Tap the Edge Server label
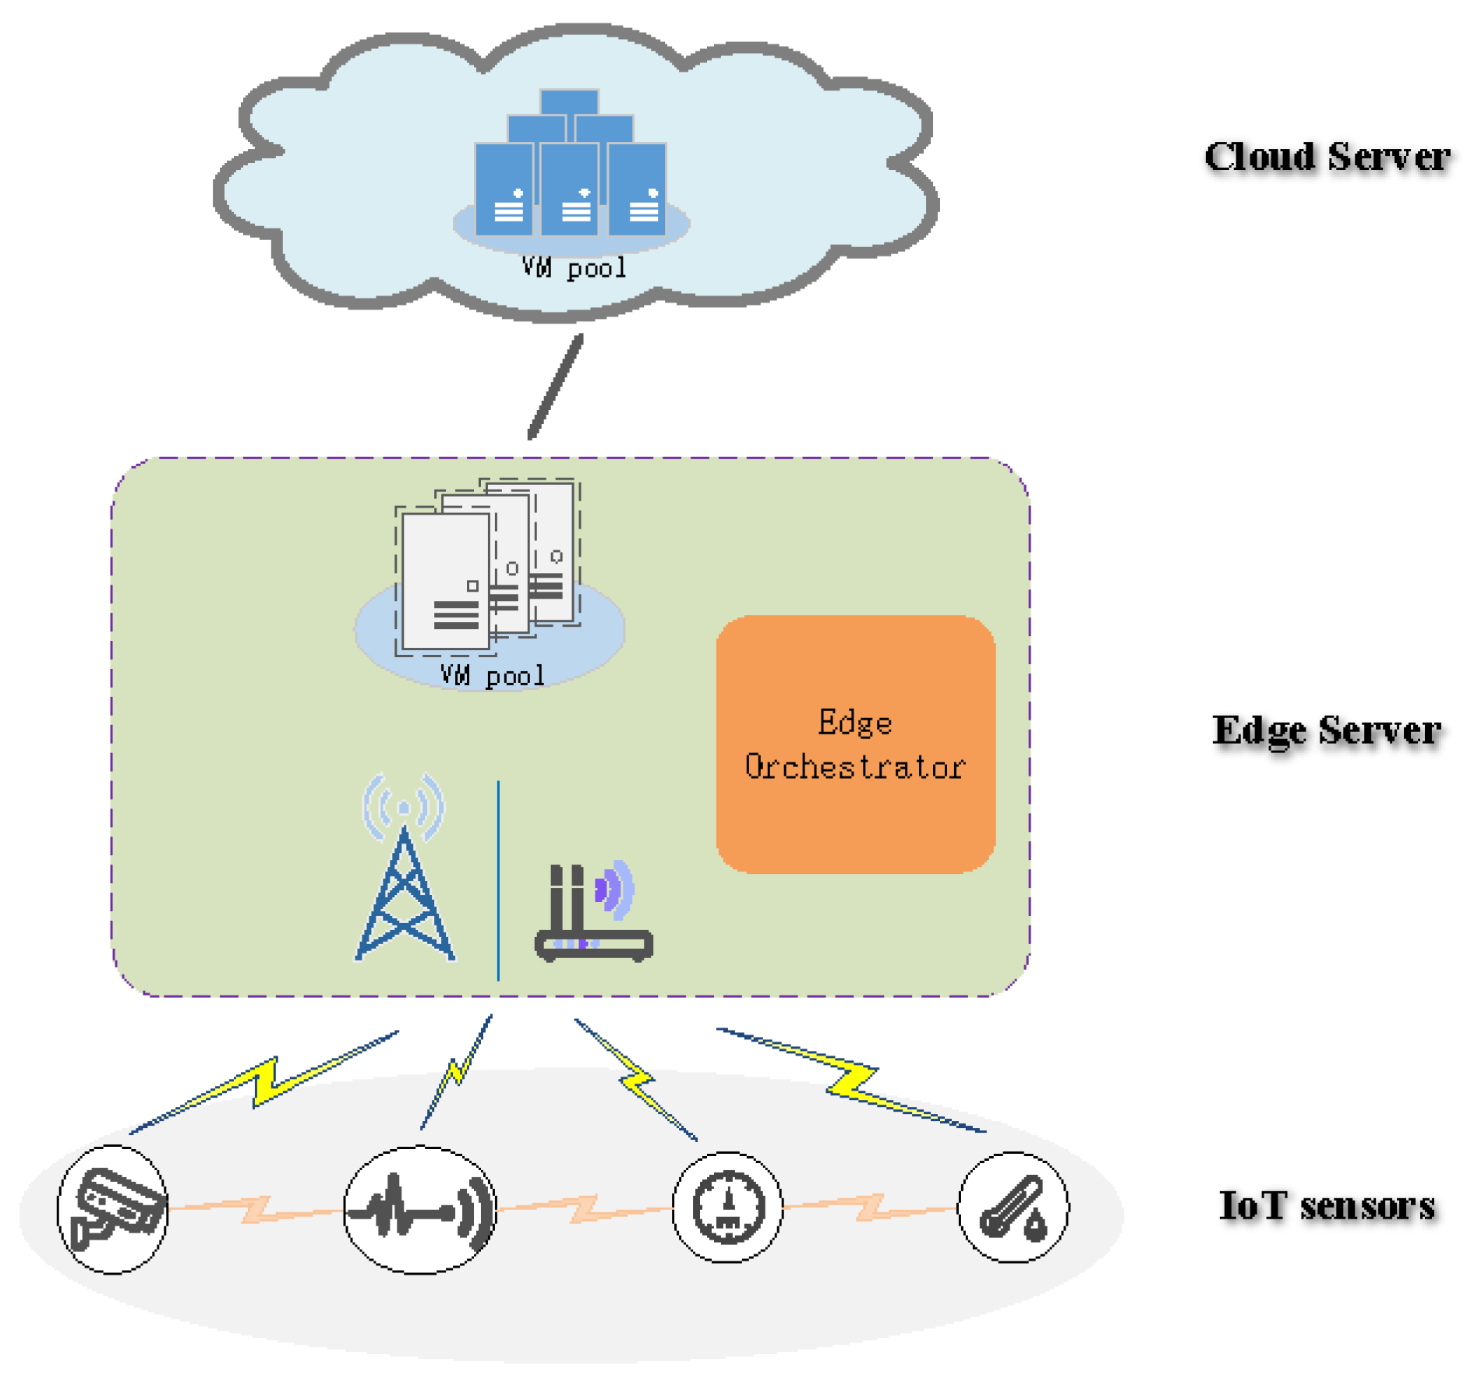coord(1325,730)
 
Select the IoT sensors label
coord(1326,1204)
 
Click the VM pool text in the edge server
coord(492,675)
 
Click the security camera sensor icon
coord(114,1208)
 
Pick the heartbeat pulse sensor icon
coord(419,1208)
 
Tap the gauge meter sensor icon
coord(727,1207)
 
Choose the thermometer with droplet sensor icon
coord(1012,1207)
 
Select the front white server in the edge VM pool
coord(445,581)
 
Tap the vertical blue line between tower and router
coord(498,881)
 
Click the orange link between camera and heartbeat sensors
coord(256,1209)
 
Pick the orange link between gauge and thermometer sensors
coord(870,1208)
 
